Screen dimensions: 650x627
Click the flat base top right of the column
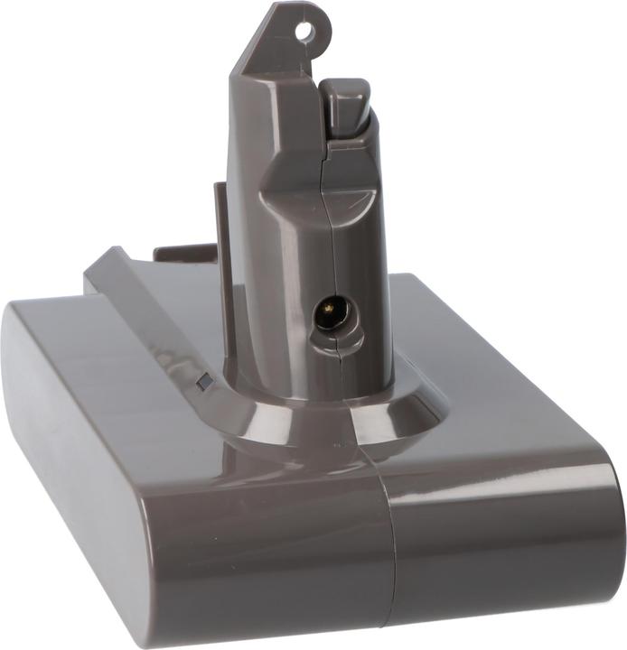488,379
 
